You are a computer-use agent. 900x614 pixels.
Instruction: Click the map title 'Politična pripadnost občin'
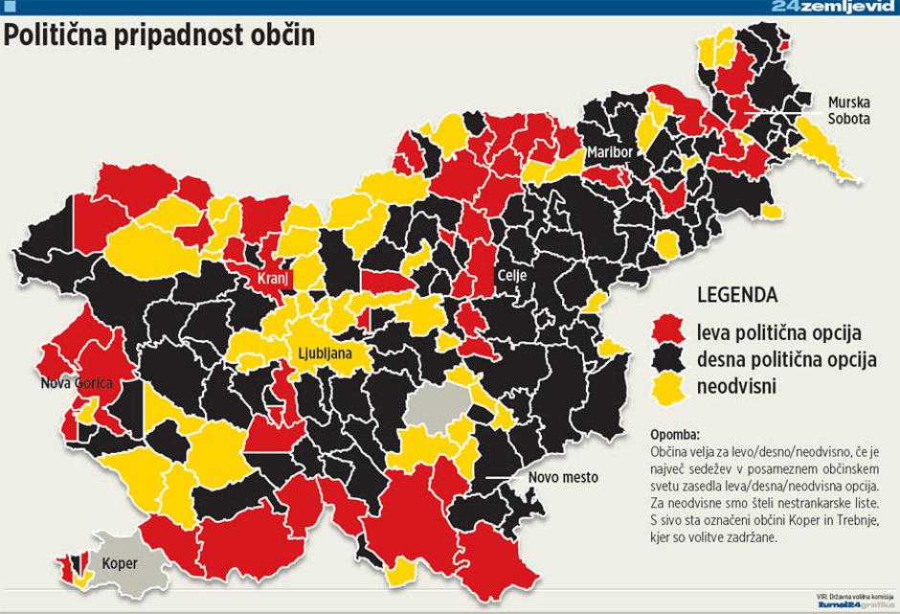click(x=160, y=36)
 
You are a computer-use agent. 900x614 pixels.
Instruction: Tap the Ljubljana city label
click(x=324, y=353)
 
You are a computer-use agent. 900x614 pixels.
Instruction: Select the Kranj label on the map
click(x=272, y=279)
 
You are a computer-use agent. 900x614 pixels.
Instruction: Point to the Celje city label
click(x=510, y=275)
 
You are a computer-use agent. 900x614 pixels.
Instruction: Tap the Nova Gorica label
click(x=77, y=383)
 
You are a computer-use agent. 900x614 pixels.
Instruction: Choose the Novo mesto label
click(x=563, y=477)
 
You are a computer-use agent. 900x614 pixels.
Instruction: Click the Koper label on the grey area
click(x=119, y=563)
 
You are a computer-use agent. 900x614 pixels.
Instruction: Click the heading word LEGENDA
click(x=736, y=294)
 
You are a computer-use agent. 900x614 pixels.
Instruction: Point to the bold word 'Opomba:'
click(x=674, y=434)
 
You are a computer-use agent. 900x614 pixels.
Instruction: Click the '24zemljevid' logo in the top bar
click(x=832, y=7)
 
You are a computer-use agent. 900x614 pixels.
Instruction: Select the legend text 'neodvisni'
click(x=736, y=387)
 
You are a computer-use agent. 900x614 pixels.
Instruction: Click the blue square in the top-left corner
click(x=10, y=7)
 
